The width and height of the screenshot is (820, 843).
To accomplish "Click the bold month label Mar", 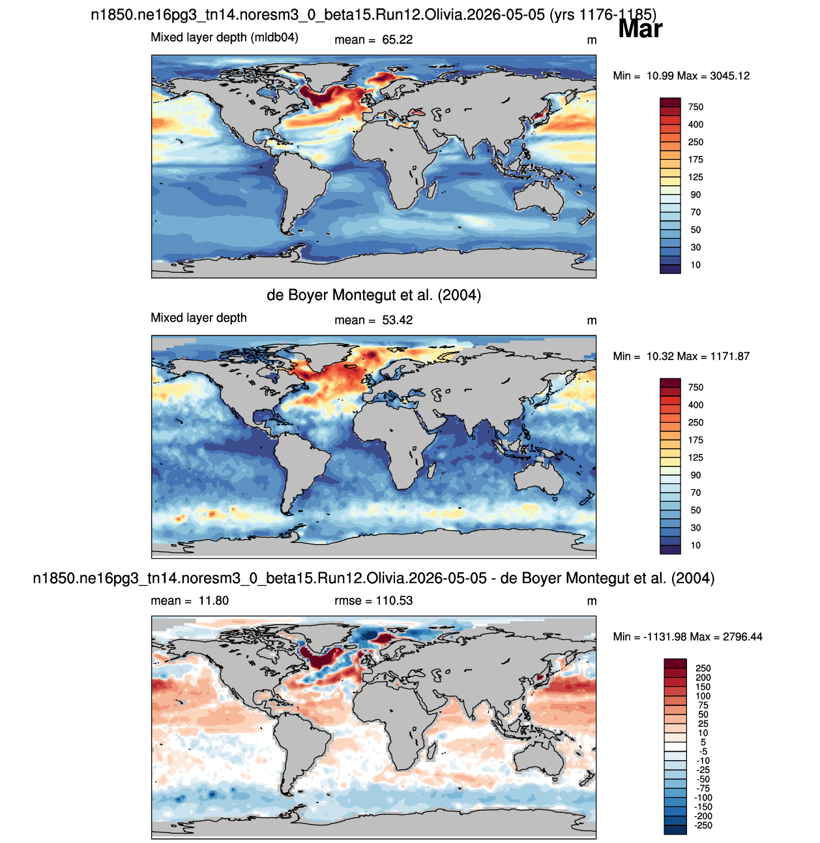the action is (639, 29).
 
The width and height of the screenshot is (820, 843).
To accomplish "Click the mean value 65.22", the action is (397, 40).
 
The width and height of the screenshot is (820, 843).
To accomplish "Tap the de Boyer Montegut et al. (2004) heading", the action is (373, 295).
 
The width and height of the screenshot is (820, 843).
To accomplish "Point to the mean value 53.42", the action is (397, 320).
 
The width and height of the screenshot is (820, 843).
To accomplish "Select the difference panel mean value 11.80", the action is (213, 600).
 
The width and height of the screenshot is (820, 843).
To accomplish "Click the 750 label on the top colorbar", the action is (696, 107).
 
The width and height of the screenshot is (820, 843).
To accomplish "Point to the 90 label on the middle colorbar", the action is (696, 475).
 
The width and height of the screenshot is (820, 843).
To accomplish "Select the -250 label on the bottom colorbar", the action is (703, 825).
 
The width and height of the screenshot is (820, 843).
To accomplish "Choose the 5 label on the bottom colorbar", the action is (703, 742).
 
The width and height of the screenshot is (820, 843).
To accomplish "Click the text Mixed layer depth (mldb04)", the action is (224, 38).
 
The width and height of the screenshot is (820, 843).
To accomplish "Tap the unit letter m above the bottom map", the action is (591, 602).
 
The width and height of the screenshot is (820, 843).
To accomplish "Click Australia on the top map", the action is (538, 199).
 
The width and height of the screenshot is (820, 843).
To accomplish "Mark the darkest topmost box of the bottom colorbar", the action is (675, 663).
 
